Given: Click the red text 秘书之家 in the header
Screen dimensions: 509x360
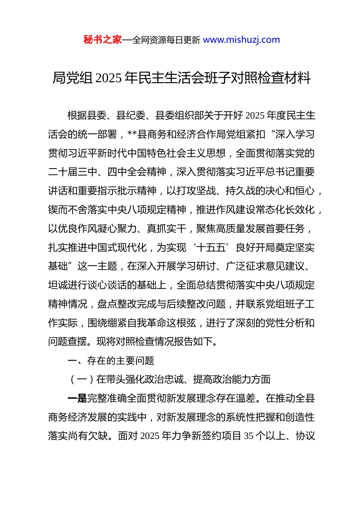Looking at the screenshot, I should click(x=102, y=40).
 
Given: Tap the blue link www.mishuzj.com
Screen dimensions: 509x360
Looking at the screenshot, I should click(x=241, y=40).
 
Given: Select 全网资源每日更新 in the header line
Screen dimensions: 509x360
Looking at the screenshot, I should click(x=166, y=40).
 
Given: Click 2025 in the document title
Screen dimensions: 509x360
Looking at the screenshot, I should click(x=108, y=78).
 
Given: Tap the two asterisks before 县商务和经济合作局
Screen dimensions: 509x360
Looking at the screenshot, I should click(x=132, y=134).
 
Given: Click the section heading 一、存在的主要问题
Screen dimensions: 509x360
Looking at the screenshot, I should click(x=111, y=361).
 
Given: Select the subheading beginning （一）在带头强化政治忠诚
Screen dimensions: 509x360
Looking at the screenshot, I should click(x=169, y=379).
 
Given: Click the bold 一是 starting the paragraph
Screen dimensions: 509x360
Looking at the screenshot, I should click(x=77, y=398).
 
